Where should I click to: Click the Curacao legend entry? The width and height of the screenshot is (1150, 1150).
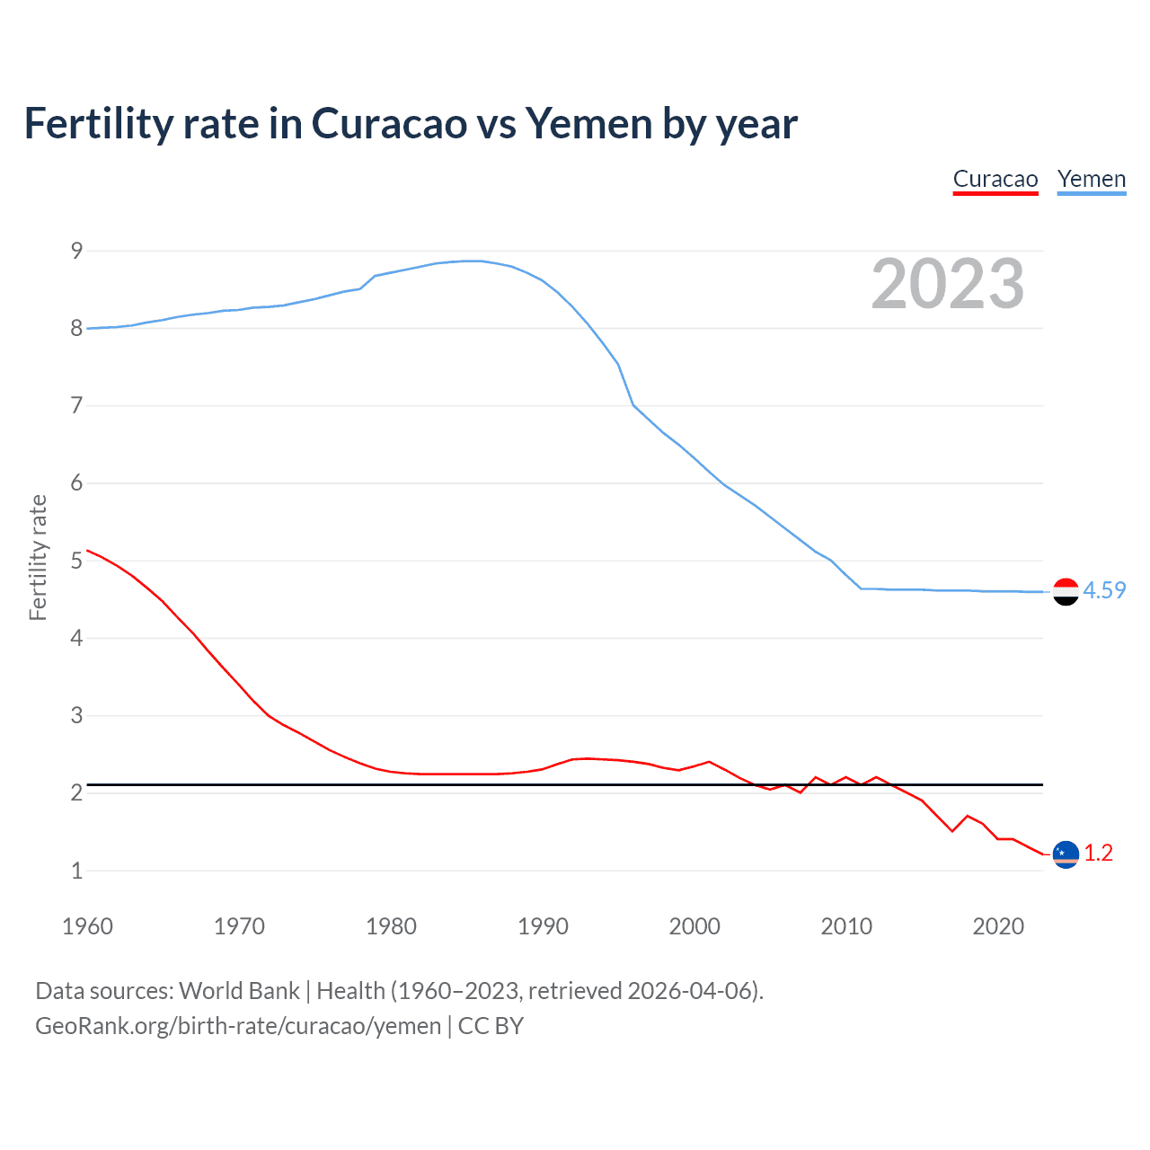[x=995, y=179]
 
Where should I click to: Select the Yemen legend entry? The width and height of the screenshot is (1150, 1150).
[x=1091, y=179]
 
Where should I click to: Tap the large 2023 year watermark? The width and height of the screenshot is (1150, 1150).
[x=947, y=284]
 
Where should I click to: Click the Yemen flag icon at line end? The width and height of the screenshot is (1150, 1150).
[x=1066, y=591]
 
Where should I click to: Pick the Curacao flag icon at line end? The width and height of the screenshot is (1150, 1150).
[x=1066, y=854]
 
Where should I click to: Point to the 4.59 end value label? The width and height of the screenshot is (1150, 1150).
[x=1104, y=590]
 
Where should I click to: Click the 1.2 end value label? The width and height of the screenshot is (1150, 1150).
[x=1098, y=853]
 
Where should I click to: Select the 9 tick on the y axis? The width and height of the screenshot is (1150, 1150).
[x=76, y=251]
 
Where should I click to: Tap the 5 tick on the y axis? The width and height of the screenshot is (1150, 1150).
[x=76, y=561]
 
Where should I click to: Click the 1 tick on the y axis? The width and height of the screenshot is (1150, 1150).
[x=76, y=871]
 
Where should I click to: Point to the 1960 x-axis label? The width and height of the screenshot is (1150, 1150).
[x=87, y=926]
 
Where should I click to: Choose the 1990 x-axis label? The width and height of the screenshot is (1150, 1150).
[x=543, y=926]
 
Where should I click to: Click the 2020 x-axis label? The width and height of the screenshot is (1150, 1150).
[x=998, y=926]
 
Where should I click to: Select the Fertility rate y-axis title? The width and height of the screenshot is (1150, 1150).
[x=38, y=557]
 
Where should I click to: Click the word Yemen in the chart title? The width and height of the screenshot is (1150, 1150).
[x=588, y=123]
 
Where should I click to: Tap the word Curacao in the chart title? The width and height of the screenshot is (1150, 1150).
[x=390, y=123]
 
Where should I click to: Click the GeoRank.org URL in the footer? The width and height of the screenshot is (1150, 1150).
[x=238, y=1026]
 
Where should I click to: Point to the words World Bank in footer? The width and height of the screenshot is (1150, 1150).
[x=239, y=991]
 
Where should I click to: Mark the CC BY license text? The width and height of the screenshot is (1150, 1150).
[x=491, y=1026]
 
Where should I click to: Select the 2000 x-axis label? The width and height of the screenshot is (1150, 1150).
[x=694, y=926]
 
